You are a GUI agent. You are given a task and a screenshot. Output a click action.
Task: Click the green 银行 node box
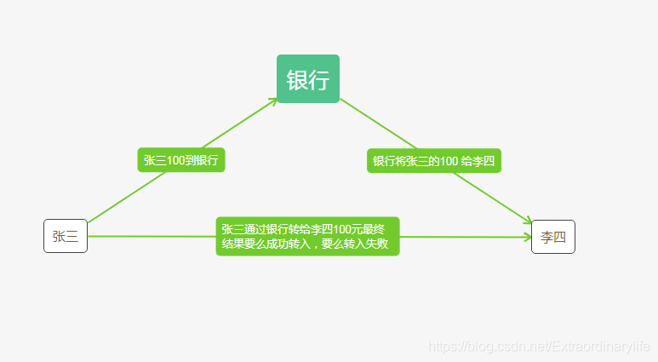307,78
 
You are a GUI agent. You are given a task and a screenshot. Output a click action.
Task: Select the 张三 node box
66,236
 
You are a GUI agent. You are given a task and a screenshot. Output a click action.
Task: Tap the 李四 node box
552,236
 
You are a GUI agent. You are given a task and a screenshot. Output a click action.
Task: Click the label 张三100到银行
180,159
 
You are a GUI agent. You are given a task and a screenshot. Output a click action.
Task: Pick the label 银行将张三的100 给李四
433,161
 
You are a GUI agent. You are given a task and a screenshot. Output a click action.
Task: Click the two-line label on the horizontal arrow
307,236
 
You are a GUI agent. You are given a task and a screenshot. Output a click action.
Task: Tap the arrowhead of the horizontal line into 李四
528,236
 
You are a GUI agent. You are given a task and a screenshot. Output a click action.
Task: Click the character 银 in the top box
297,80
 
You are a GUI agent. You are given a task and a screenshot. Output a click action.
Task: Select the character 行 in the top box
318,80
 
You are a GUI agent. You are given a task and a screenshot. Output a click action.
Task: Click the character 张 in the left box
59,237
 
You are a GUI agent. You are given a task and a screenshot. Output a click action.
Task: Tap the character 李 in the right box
546,237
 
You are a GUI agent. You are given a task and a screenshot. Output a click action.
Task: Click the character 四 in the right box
559,237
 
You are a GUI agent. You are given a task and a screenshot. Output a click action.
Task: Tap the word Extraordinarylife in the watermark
600,348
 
